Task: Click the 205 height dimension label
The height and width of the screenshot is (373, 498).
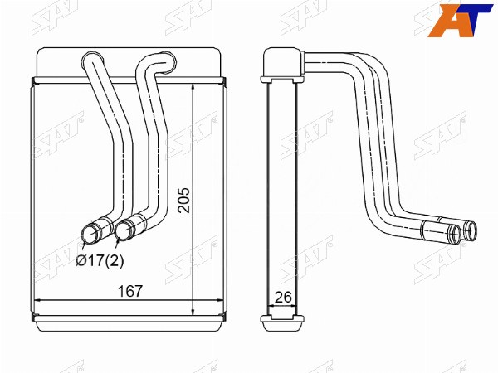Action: [x=184, y=200]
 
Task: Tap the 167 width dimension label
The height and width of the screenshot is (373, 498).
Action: [x=130, y=291]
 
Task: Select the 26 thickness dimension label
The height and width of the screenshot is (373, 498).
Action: [x=283, y=298]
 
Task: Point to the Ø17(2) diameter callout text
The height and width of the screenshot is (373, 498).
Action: [x=100, y=261]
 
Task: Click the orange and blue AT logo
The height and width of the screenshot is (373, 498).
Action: [x=460, y=21]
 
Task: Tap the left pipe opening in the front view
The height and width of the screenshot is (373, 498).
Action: [x=91, y=235]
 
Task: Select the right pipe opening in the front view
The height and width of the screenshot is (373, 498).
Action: [x=124, y=230]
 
